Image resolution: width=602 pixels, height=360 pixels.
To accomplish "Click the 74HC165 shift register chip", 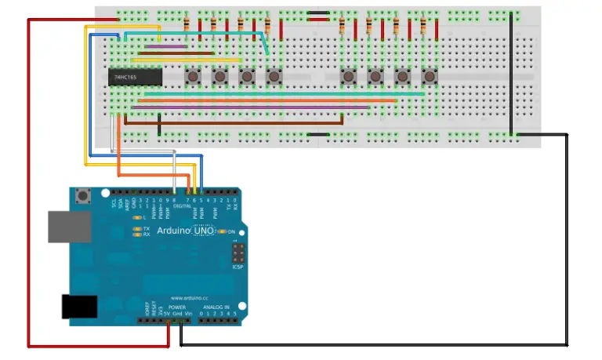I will point(135,78).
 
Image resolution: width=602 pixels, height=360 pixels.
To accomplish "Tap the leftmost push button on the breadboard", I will point(192,77).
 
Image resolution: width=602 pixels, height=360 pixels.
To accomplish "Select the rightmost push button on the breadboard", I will point(429,77).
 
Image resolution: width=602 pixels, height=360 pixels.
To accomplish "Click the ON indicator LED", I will point(222,231).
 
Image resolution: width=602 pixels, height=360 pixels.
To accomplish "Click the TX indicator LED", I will point(136,228).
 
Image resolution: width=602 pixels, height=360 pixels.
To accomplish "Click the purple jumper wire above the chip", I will point(162,46).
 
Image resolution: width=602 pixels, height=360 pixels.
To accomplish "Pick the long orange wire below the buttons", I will point(267,100).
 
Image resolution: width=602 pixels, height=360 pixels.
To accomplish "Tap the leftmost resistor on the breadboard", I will point(187,26).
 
